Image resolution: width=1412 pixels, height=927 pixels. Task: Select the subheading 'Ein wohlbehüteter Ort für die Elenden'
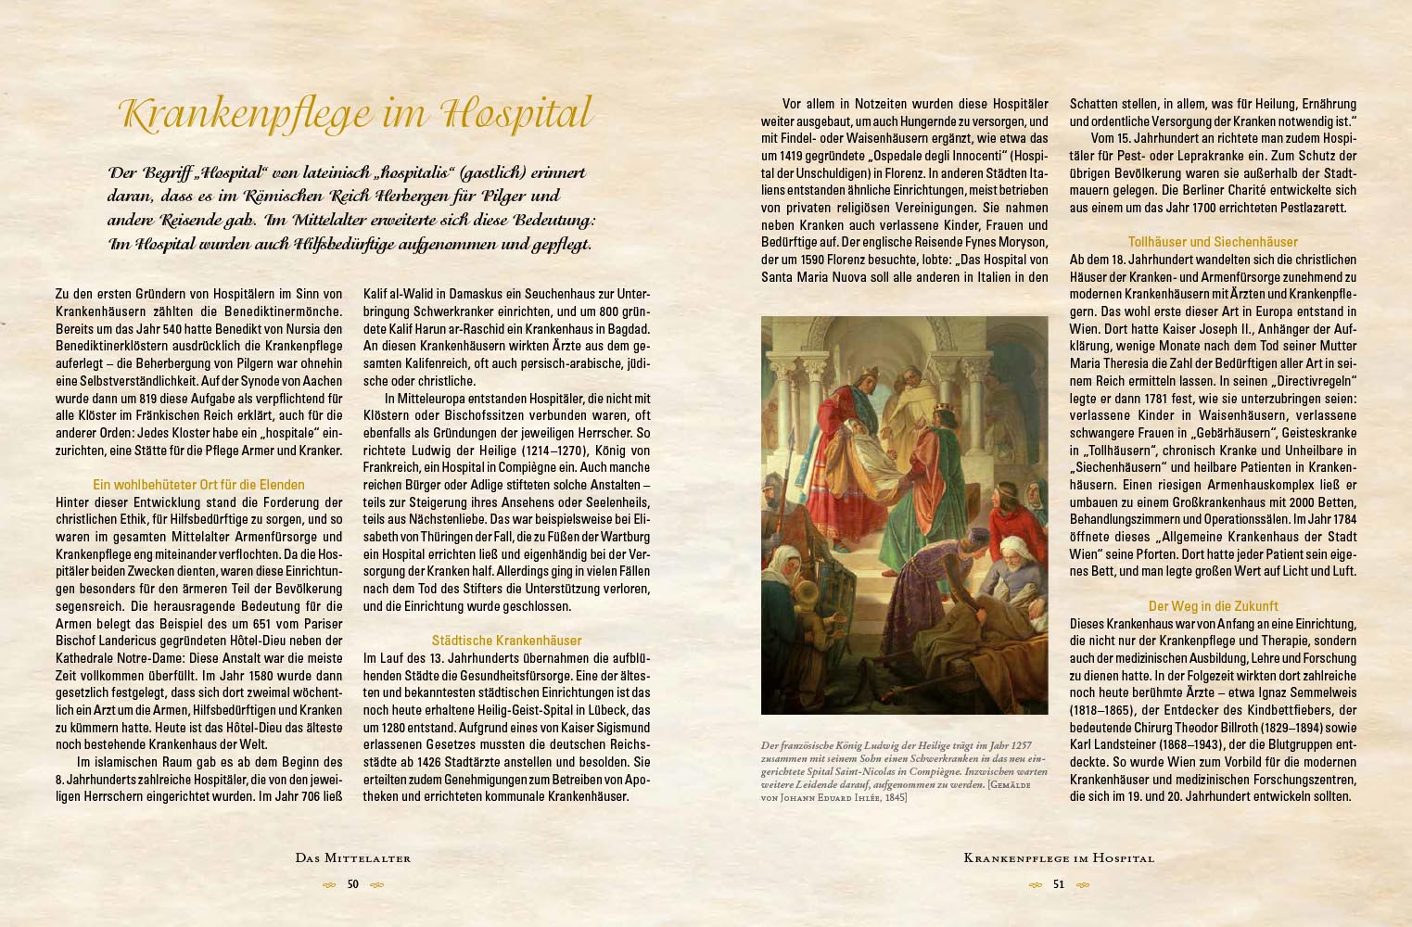pyautogui.click(x=198, y=485)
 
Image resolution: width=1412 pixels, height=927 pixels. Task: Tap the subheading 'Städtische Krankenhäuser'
pyautogui.click(x=506, y=641)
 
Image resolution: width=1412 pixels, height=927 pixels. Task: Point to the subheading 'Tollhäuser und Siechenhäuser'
pyautogui.click(x=1213, y=242)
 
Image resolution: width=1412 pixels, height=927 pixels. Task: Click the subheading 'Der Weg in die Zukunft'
pyautogui.click(x=1213, y=606)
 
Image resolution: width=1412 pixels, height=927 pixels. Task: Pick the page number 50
pyautogui.click(x=352, y=884)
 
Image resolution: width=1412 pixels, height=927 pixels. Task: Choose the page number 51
pyautogui.click(x=1059, y=884)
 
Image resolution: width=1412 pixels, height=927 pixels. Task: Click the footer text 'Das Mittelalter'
pyautogui.click(x=352, y=858)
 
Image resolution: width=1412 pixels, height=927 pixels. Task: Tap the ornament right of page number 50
pyautogui.click(x=376, y=884)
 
